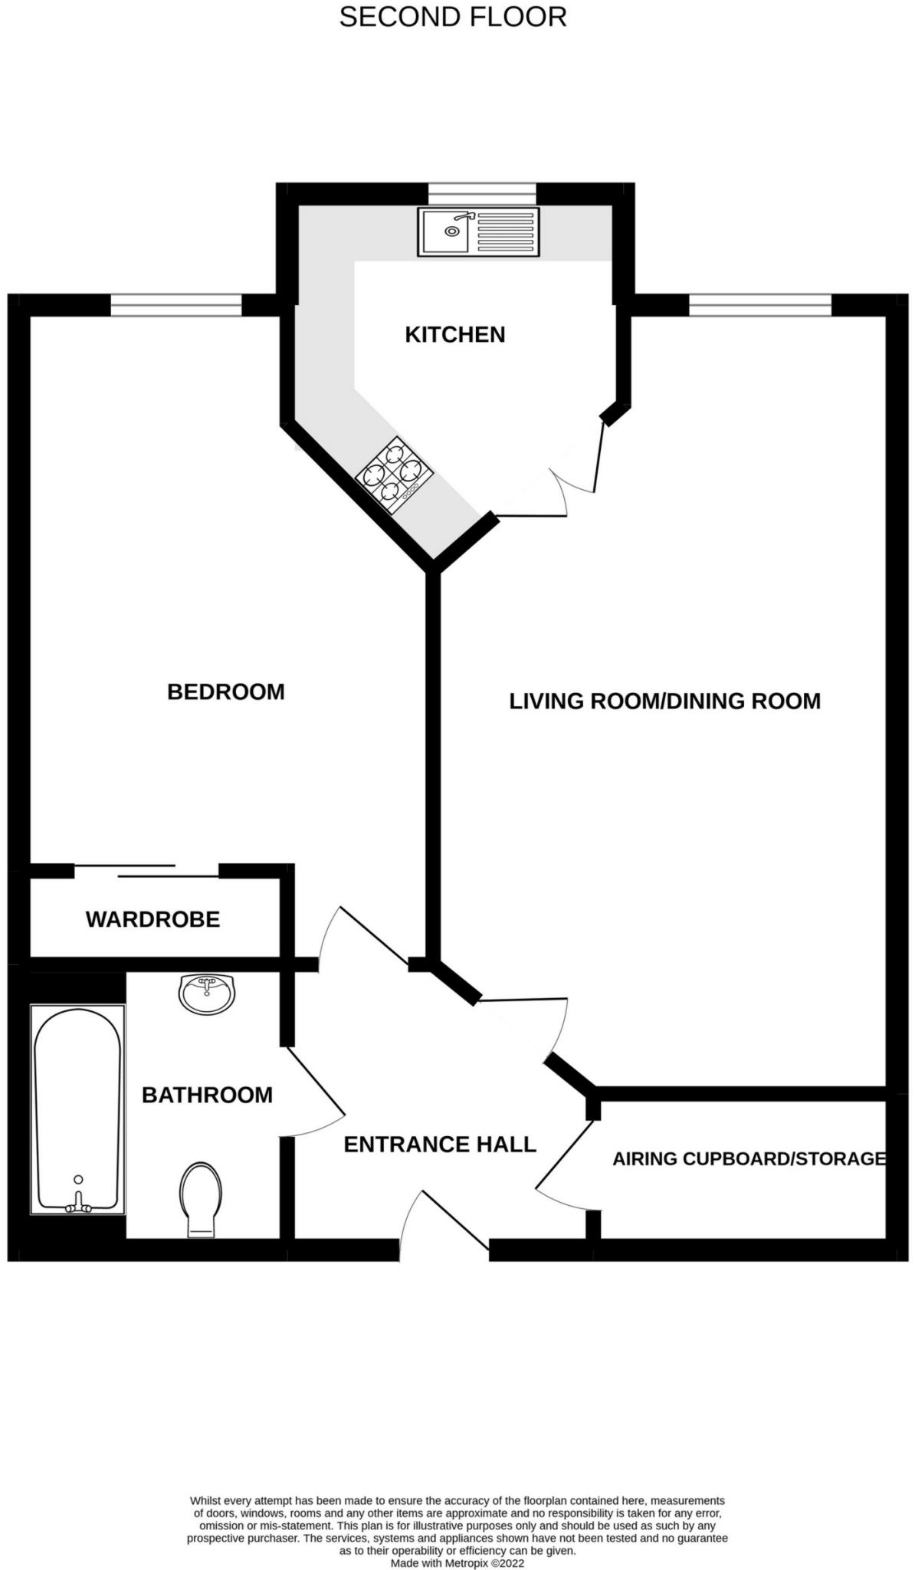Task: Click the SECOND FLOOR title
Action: pyautogui.click(x=452, y=17)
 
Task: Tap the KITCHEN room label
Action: pyautogui.click(x=454, y=334)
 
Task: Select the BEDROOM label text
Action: pyautogui.click(x=225, y=691)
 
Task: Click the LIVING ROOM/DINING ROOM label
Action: pyautogui.click(x=664, y=701)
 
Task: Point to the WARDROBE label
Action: pyautogui.click(x=152, y=919)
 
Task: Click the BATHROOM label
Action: pyautogui.click(x=207, y=1095)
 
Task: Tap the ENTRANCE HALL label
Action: pyautogui.click(x=439, y=1145)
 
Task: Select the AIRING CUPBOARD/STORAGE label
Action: pyautogui.click(x=749, y=1158)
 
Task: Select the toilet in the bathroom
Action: pyautogui.click(x=201, y=1200)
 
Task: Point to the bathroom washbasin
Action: pyautogui.click(x=207, y=994)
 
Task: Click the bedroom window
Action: pyautogui.click(x=176, y=306)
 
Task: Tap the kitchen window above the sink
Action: pyautogui.click(x=481, y=194)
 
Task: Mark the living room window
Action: pyautogui.click(x=759, y=306)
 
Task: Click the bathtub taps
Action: pyautogui.click(x=77, y=1207)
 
